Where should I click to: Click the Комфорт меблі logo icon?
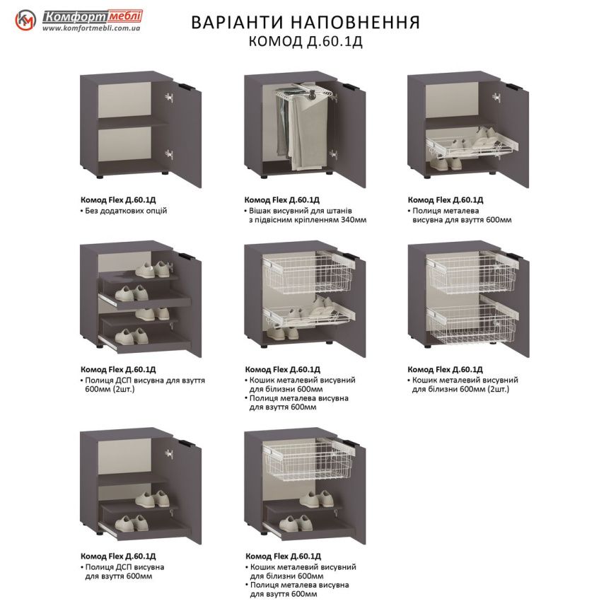tap(26, 21)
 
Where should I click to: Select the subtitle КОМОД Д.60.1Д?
tap(305, 42)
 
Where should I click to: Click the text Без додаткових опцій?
tap(126, 211)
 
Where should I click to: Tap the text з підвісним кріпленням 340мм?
tap(307, 220)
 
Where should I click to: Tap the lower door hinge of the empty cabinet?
tap(169, 152)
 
